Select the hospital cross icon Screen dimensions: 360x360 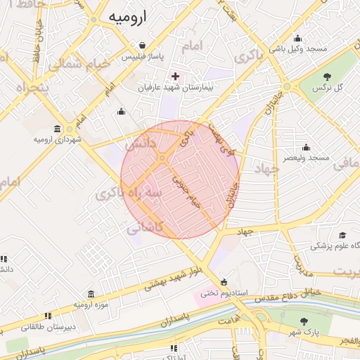pos(175,76)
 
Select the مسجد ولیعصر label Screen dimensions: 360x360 pos(307,158)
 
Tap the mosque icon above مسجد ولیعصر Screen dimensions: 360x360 pos(306,148)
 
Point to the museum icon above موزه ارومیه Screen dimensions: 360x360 pos(91,294)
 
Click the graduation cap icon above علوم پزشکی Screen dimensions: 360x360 pos(342,235)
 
